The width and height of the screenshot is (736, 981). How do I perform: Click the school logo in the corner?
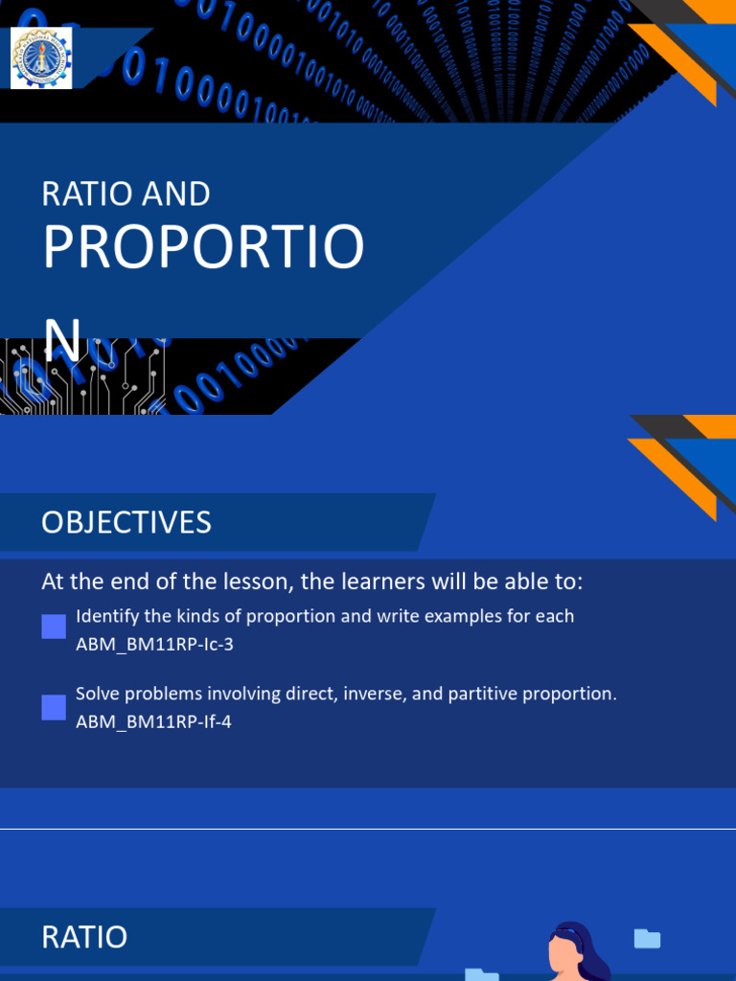(x=41, y=57)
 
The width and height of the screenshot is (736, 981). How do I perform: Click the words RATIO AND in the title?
(x=126, y=194)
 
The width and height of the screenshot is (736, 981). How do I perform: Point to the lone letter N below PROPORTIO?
(x=63, y=339)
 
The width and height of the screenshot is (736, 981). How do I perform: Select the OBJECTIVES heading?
(x=126, y=522)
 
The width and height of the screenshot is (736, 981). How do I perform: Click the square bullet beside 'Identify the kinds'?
(x=54, y=627)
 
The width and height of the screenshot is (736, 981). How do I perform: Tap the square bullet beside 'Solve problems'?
(x=54, y=708)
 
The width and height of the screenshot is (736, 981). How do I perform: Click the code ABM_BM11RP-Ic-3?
(x=154, y=645)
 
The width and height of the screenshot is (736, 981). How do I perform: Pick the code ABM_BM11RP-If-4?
(x=153, y=722)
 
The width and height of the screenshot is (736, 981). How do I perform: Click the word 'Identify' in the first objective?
(x=106, y=616)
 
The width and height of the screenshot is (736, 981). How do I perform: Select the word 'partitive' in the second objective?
(x=480, y=694)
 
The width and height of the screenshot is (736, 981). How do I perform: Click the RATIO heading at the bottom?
(x=84, y=936)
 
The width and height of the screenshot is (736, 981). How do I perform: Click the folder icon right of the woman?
(x=648, y=939)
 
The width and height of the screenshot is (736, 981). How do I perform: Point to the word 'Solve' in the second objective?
(x=99, y=694)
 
